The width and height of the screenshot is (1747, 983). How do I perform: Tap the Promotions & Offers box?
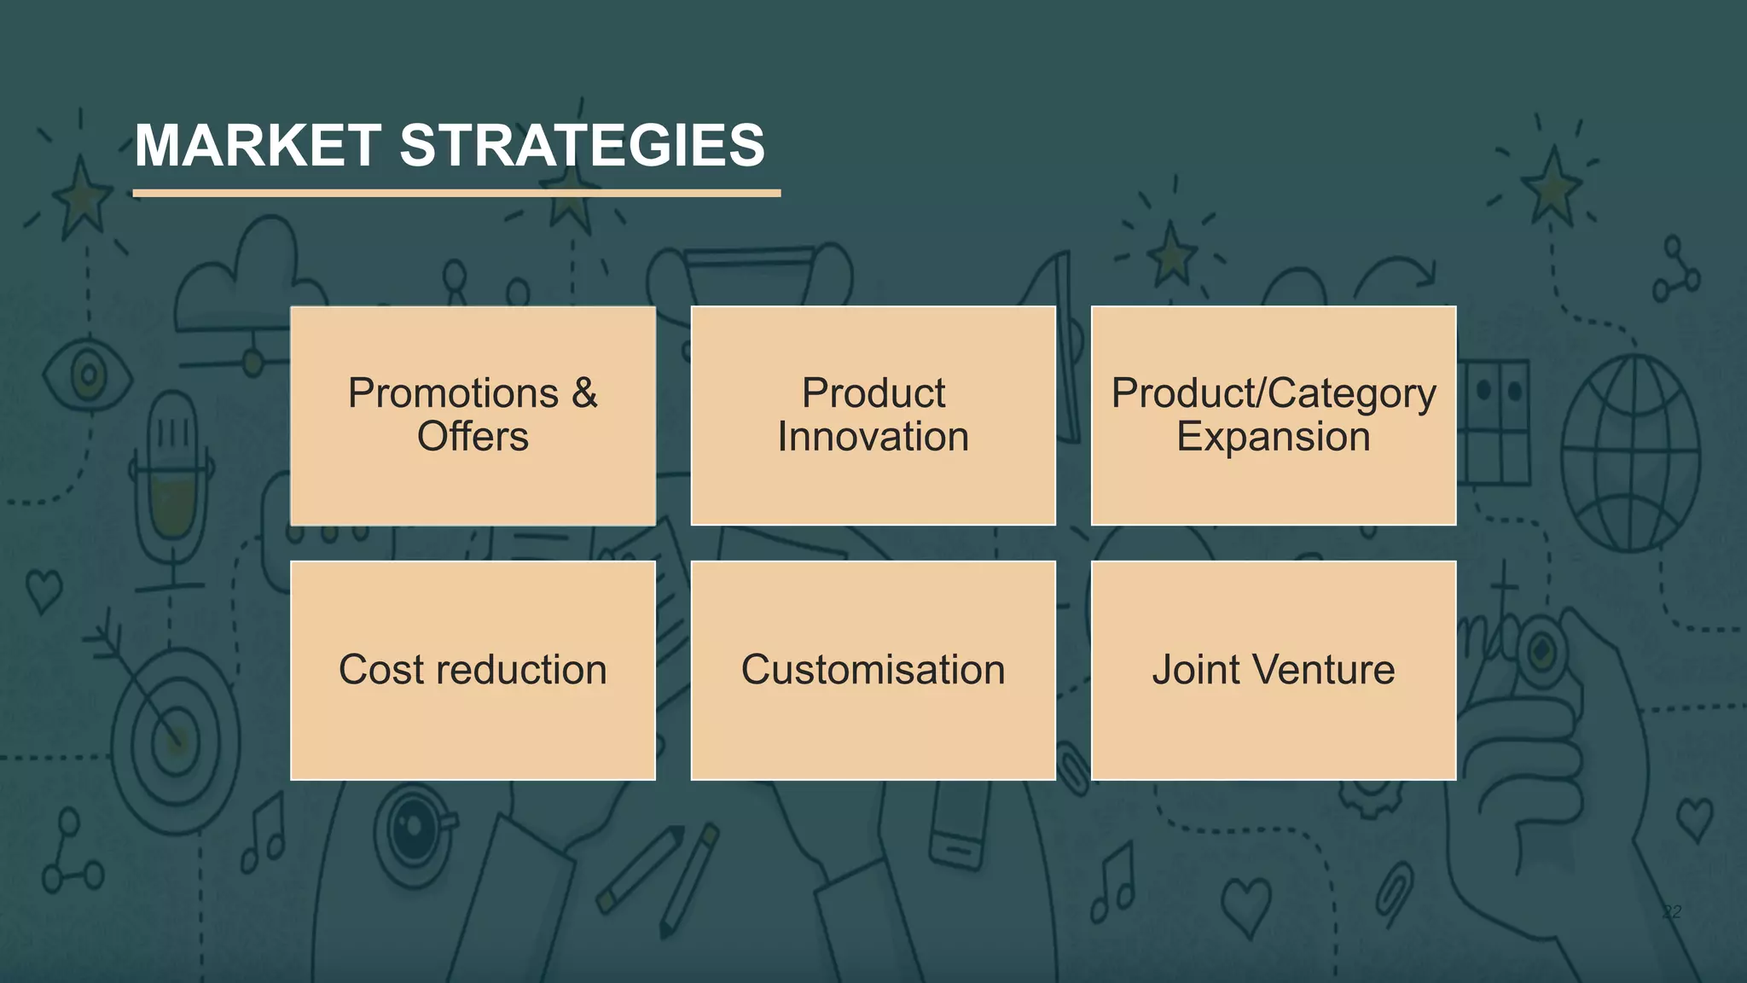(473, 416)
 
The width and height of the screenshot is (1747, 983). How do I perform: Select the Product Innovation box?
(873, 416)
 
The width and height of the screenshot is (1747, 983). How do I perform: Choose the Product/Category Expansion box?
(1273, 416)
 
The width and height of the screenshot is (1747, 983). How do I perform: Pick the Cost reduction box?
(473, 670)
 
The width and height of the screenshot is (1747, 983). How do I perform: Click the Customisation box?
(873, 670)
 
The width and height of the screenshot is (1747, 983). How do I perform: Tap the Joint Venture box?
(1273, 670)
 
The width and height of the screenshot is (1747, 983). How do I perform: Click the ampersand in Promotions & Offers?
(584, 393)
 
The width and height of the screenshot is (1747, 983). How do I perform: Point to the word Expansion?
(1273, 437)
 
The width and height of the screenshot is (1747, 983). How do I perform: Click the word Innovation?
(873, 437)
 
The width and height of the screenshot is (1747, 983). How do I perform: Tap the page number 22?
(1672, 911)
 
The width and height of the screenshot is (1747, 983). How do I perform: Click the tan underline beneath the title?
(456, 194)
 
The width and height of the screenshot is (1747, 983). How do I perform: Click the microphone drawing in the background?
(173, 478)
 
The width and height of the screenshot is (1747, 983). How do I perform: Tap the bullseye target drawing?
(175, 738)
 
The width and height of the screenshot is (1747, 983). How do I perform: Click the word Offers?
(473, 437)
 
